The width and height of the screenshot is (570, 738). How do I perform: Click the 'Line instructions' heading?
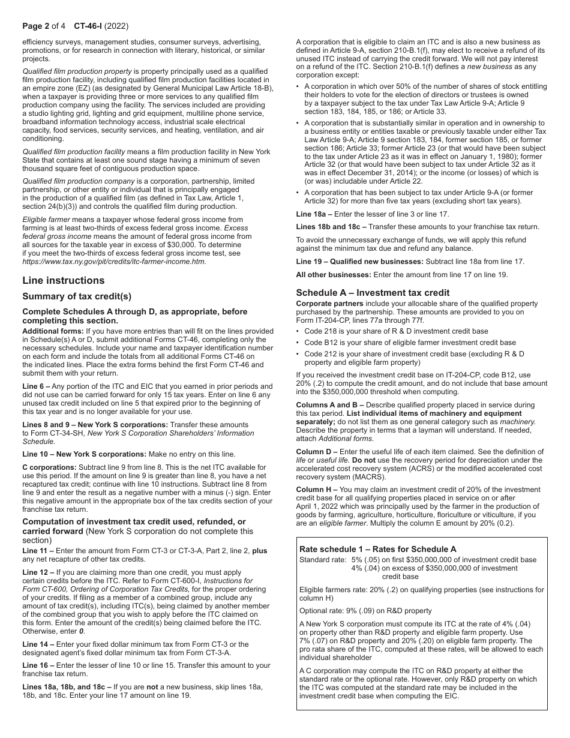[63, 281]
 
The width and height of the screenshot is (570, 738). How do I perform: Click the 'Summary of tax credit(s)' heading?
[77, 296]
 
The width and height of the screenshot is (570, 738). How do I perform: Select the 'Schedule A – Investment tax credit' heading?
[373, 293]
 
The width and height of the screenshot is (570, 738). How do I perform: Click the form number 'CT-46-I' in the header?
[88, 26]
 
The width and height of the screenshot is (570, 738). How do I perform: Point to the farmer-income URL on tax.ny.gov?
[114, 262]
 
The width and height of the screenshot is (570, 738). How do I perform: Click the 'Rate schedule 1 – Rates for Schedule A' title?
[377, 549]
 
